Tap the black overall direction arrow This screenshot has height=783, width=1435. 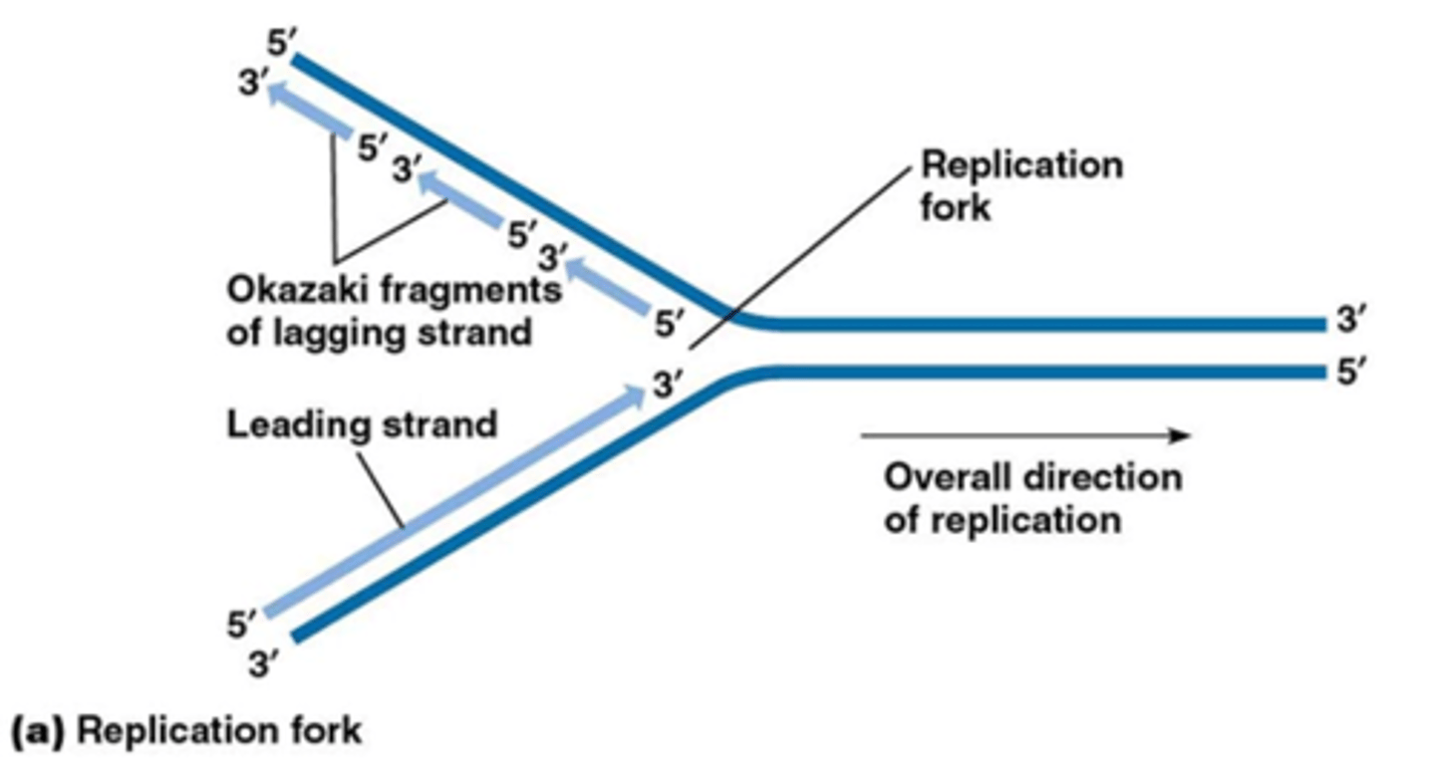[x=1025, y=435]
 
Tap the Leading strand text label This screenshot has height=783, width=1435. [x=362, y=424]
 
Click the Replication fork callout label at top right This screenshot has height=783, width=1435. [x=1020, y=184]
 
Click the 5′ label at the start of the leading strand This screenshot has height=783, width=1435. [x=241, y=626]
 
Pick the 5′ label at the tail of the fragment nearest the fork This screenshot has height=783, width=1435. [x=671, y=323]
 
